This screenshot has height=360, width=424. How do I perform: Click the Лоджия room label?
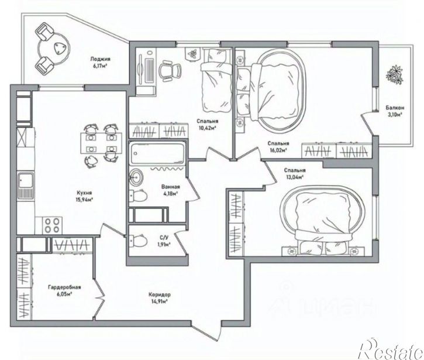(x=101, y=59)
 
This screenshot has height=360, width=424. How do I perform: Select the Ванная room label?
(x=170, y=187)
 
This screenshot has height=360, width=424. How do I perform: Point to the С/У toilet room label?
(x=164, y=237)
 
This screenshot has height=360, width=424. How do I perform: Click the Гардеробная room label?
(x=64, y=287)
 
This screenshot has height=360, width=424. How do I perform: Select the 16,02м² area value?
(x=278, y=149)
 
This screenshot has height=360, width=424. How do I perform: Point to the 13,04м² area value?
(x=294, y=176)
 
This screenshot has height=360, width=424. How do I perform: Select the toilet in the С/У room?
(x=138, y=239)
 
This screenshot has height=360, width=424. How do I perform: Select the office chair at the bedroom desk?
(x=170, y=71)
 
